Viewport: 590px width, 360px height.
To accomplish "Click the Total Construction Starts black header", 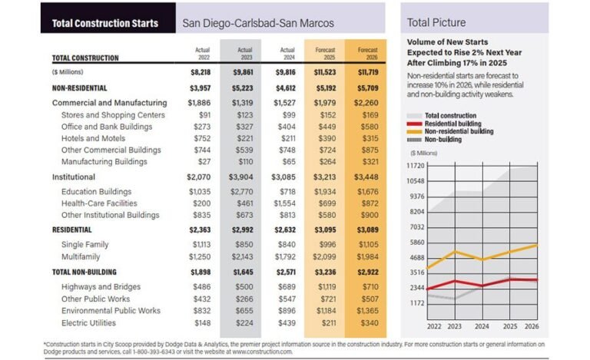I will tap(104, 23).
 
